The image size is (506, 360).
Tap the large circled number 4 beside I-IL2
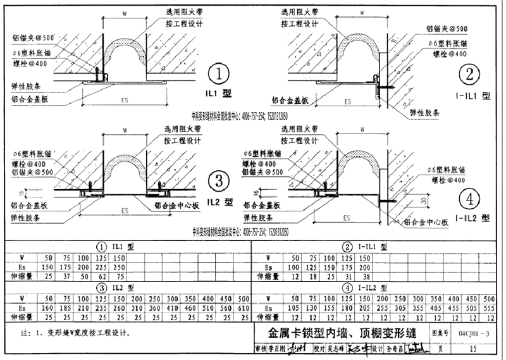tap(469, 200)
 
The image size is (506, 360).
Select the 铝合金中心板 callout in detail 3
tap(179, 206)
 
